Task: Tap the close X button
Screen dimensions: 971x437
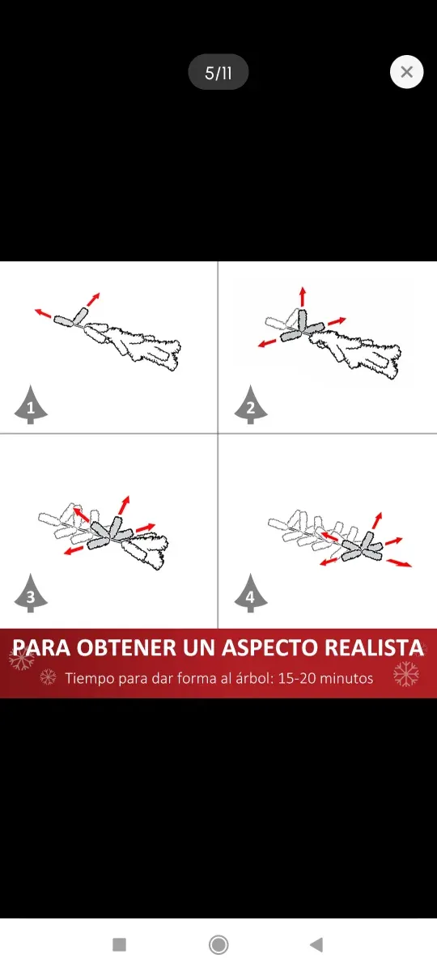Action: [406, 72]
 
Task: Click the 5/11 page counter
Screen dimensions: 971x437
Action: [218, 73]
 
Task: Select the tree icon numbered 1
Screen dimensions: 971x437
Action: [31, 406]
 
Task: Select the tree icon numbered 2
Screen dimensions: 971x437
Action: [250, 406]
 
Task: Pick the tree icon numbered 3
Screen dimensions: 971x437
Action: [31, 596]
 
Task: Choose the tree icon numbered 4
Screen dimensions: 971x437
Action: [250, 596]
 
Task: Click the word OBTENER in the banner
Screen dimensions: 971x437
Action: [131, 648]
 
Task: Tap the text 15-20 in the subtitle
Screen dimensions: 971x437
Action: [296, 678]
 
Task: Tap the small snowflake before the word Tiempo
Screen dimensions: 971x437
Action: [49, 676]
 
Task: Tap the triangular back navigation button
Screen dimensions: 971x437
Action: [316, 944]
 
